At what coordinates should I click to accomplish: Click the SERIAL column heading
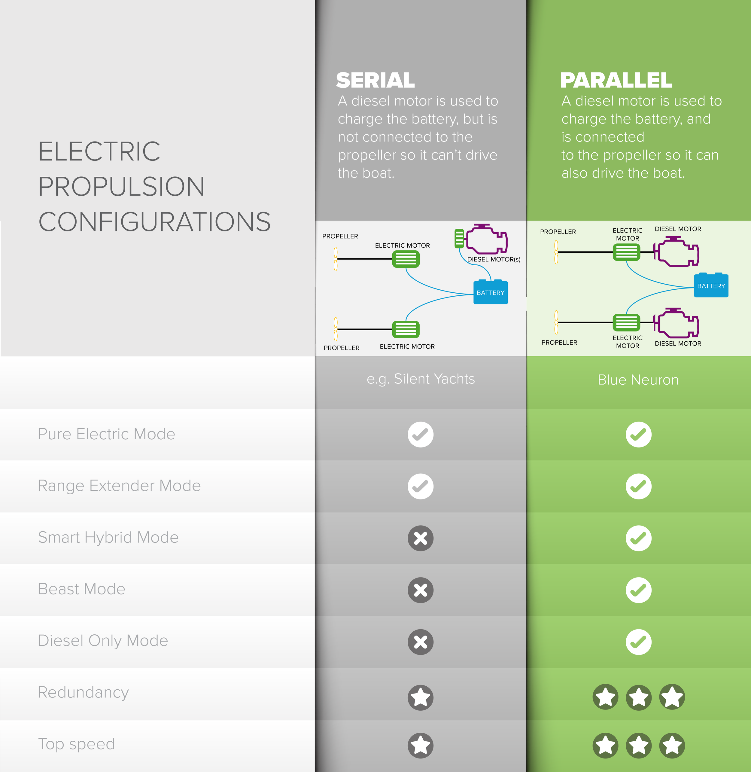point(375,81)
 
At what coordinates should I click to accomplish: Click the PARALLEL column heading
point(616,81)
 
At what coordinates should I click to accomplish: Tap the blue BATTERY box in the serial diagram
point(490,292)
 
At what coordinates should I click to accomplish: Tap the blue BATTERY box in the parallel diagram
point(711,285)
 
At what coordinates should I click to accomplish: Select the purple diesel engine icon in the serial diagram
point(486,239)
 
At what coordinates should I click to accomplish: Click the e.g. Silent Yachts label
point(421,379)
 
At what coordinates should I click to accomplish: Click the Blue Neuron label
point(638,380)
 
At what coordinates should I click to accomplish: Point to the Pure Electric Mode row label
point(107,434)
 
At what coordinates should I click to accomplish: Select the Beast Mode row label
point(82,589)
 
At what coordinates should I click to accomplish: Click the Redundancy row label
point(84,693)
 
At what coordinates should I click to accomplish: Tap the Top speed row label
point(77,744)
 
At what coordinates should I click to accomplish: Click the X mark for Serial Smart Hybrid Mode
point(421,538)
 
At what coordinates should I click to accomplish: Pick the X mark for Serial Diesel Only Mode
point(421,642)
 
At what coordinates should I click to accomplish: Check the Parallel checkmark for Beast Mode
point(639,590)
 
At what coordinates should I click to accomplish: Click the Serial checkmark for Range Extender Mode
point(421,487)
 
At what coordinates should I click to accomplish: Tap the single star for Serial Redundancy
point(421,697)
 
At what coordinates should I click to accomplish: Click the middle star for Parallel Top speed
point(639,746)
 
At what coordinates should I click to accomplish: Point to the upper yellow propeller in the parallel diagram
point(556,252)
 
